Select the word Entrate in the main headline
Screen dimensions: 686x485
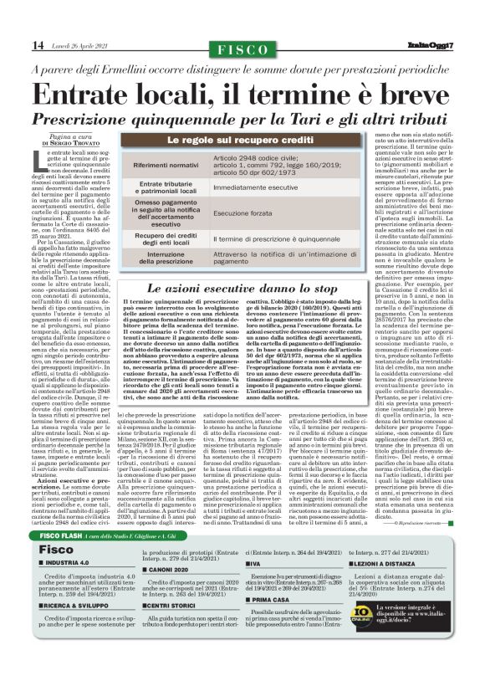[95, 93]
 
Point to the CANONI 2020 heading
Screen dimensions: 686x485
[171, 568]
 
